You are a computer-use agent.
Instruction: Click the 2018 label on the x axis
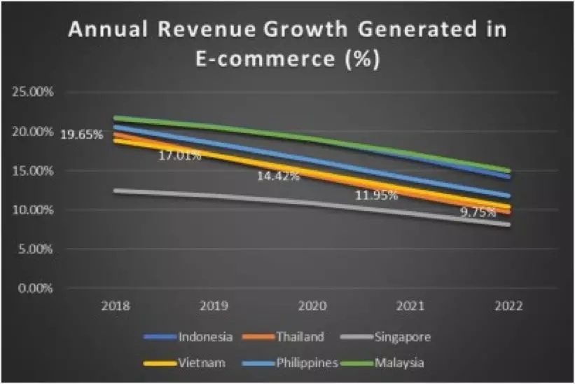pyautogui.click(x=114, y=306)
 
